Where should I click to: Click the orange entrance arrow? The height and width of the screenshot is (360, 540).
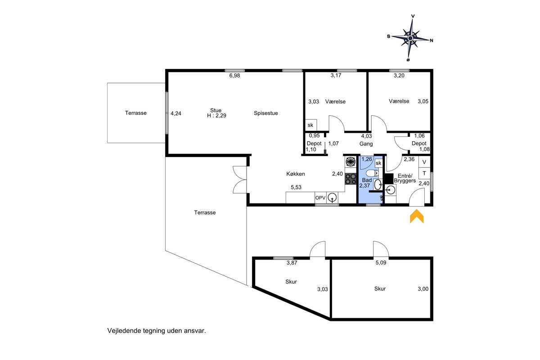417,216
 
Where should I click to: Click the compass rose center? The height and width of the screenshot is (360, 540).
410,38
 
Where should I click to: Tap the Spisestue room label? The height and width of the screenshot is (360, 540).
265,113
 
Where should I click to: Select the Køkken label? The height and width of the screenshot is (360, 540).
296,174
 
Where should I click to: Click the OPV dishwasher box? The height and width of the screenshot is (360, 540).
320,198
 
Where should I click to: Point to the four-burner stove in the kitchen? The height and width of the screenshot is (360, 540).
351,179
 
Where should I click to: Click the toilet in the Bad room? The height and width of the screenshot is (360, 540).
372,173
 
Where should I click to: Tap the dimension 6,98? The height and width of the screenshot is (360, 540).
234,76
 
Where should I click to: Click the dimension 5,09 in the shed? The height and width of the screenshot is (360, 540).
381,263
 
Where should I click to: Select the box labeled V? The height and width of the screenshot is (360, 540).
424,162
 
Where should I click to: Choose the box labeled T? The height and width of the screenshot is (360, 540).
424,173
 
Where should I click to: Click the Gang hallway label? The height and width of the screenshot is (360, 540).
366,144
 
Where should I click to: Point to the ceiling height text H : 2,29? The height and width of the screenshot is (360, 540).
216,116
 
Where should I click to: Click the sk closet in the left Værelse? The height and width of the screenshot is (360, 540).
311,125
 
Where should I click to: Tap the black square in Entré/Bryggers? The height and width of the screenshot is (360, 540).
389,179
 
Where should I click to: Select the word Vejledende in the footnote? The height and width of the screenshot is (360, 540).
124,331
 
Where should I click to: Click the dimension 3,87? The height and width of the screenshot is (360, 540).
292,263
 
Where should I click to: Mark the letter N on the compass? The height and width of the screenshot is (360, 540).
432,40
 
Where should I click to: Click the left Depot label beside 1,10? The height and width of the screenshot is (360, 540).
314,144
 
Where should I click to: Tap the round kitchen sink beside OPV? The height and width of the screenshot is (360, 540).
333,198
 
